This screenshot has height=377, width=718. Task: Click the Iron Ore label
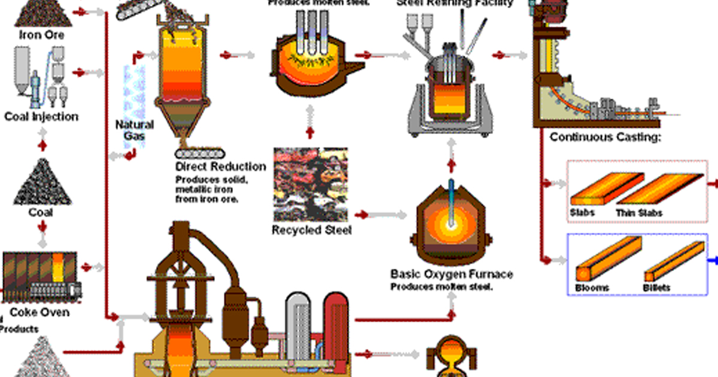[41, 35]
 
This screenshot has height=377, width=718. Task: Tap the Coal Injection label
[41, 117]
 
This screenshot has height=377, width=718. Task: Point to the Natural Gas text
[134, 130]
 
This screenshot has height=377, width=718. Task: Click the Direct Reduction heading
[220, 166]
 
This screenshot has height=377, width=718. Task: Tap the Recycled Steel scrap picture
[311, 184]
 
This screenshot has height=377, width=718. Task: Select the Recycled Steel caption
[312, 230]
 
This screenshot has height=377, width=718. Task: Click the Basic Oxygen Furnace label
[451, 275]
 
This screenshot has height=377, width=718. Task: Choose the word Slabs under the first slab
[583, 213]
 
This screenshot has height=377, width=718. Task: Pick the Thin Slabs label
[639, 213]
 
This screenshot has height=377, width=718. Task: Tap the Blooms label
[592, 288]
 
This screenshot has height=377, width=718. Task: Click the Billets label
[656, 288]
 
